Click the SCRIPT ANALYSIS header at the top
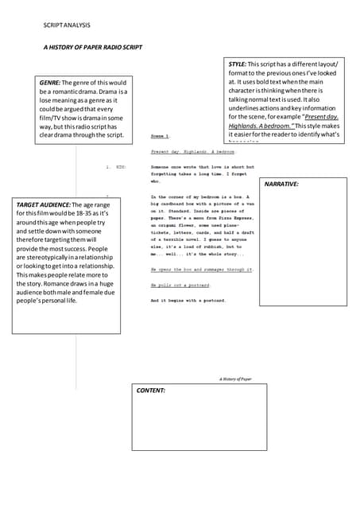[67, 27]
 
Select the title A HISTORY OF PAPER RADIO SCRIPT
[93, 48]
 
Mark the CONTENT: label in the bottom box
[151, 390]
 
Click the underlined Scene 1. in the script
[160, 137]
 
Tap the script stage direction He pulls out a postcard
[180, 285]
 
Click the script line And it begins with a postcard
[188, 301]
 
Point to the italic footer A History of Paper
[235, 379]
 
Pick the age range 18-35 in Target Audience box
[81, 214]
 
